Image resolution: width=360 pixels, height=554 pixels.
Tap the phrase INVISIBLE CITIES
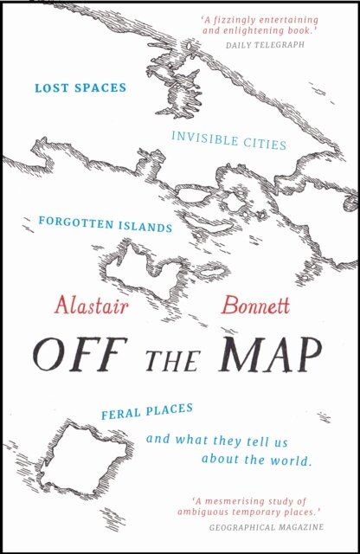pos(228,139)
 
